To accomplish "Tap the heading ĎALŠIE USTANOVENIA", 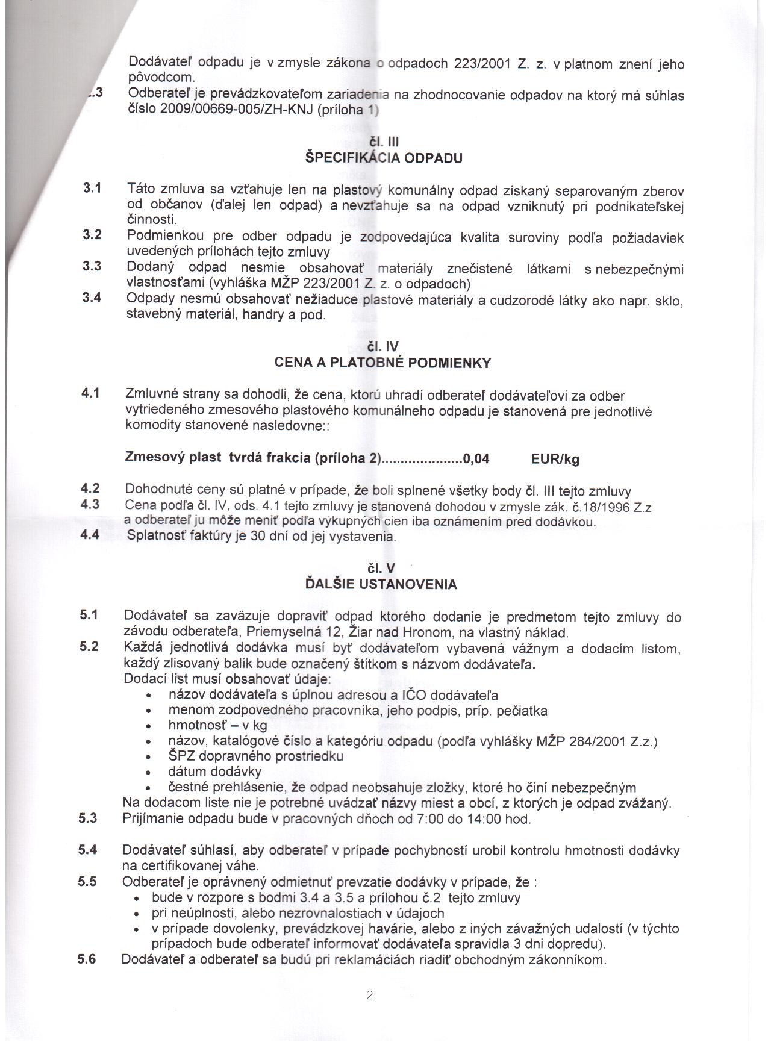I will (381, 584).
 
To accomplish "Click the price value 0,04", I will (476, 459).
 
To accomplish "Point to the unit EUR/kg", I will (555, 460).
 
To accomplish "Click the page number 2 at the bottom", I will (369, 996).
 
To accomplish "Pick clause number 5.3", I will (88, 818).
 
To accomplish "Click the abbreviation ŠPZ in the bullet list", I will (181, 756).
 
